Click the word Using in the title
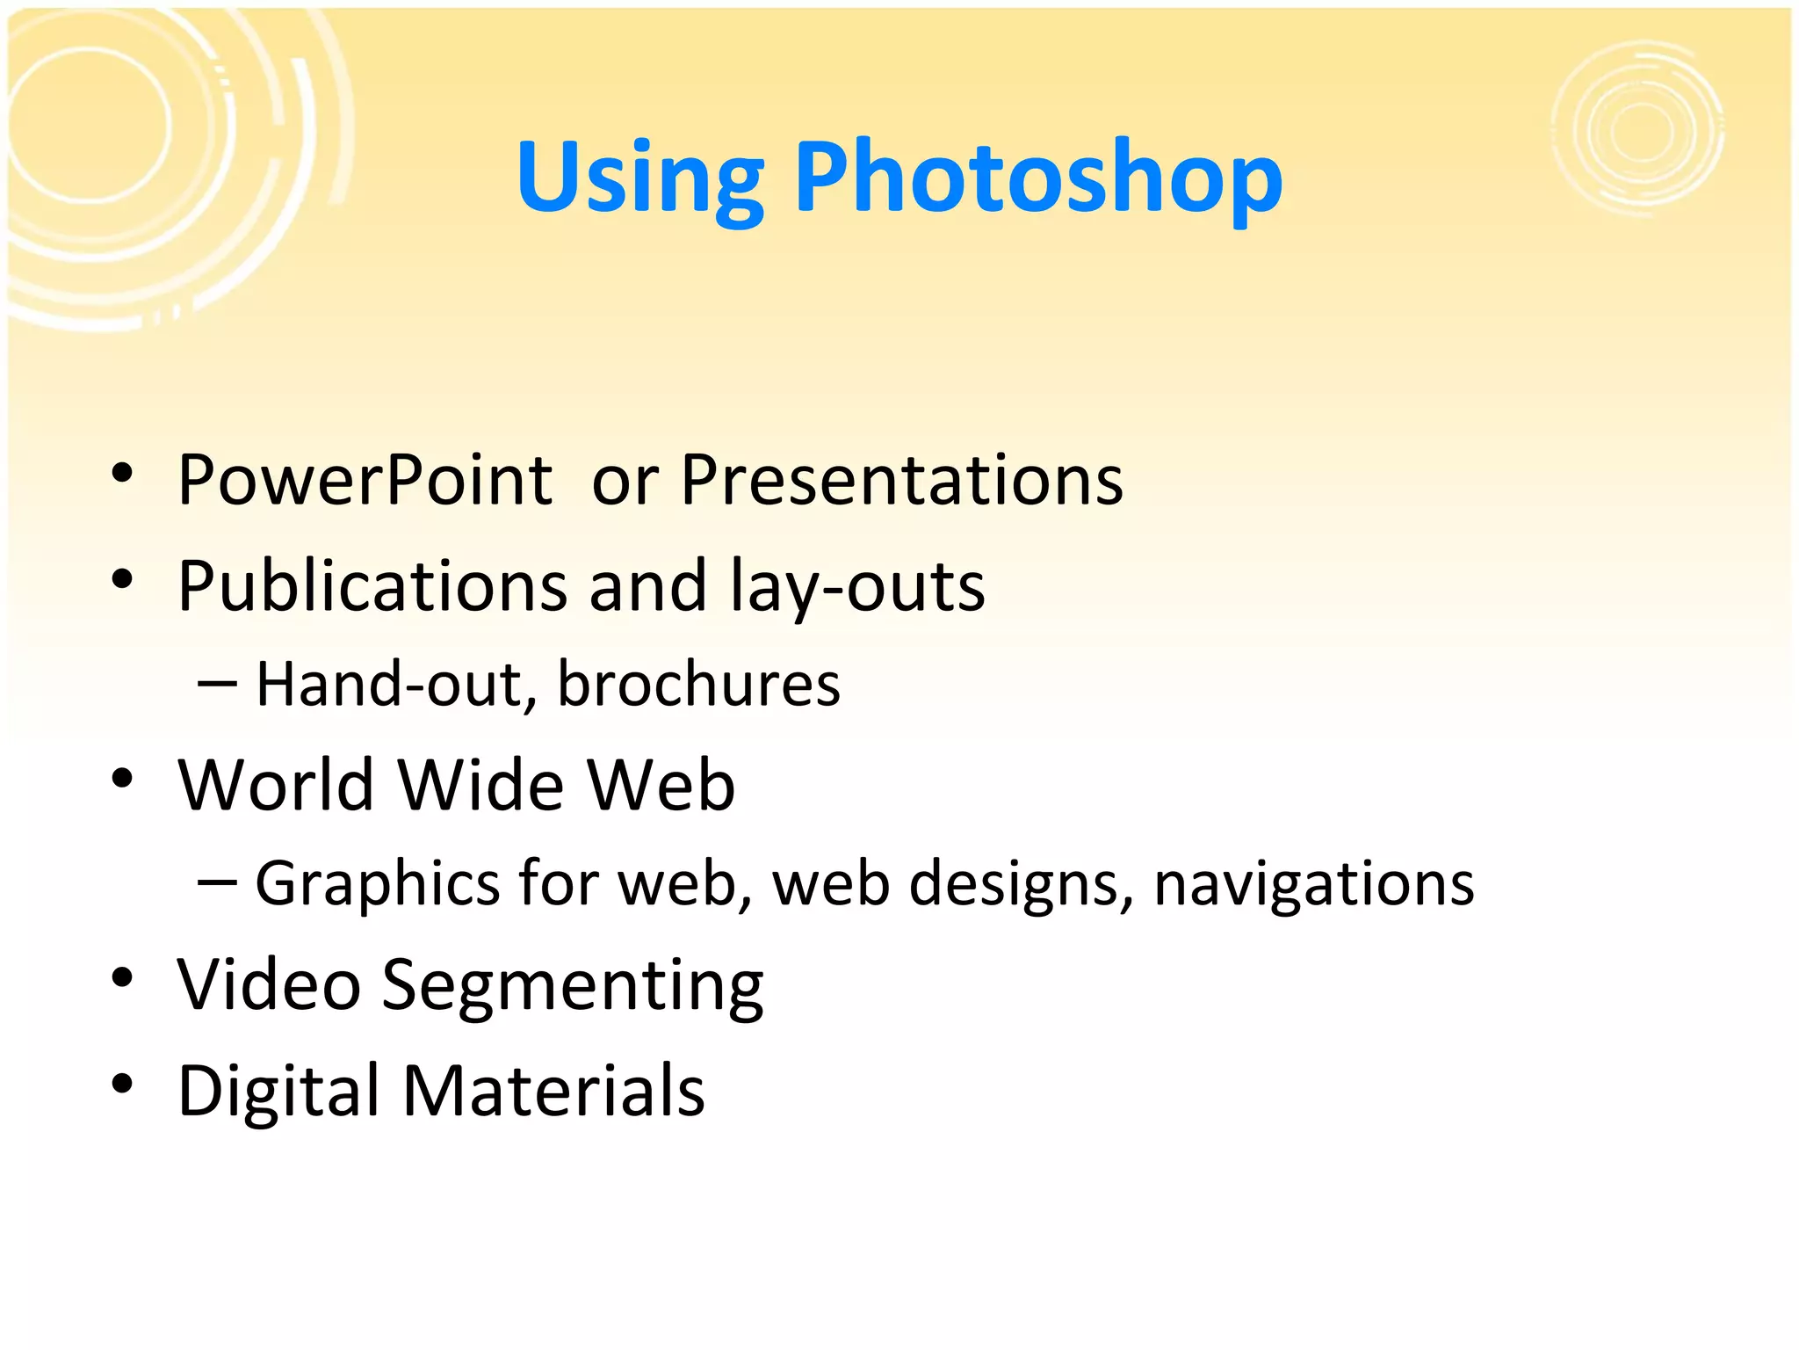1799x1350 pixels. [639, 179]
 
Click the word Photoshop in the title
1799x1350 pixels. [1038, 179]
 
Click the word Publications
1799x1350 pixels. [372, 586]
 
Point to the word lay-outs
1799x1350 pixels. [857, 586]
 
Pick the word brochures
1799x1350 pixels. [698, 684]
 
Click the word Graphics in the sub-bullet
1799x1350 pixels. [378, 882]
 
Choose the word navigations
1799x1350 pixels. [1313, 882]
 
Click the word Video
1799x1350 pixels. [269, 984]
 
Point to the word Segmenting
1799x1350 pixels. [572, 984]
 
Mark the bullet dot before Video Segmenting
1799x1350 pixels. [122, 977]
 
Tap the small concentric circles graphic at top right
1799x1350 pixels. [1638, 130]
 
